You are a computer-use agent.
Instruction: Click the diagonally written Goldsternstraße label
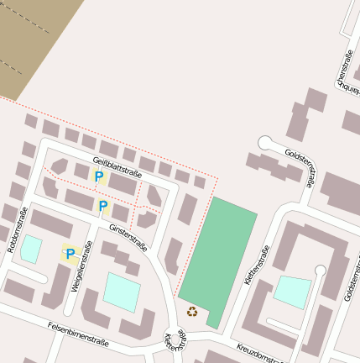[299, 167]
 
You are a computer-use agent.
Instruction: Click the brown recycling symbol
[192, 312]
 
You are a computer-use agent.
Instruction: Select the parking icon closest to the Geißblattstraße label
[98, 176]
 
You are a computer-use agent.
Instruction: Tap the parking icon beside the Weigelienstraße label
[70, 253]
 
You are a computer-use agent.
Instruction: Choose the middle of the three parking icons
[102, 206]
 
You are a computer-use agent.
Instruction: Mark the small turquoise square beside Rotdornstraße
[31, 249]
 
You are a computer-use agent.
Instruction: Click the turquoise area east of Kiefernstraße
[291, 292]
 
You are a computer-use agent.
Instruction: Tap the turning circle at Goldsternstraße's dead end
[265, 142]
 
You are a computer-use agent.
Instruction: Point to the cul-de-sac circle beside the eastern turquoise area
[320, 270]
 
